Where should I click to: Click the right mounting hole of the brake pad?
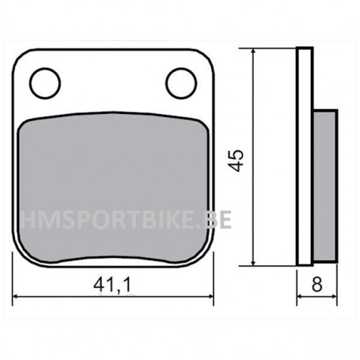pos(180,81)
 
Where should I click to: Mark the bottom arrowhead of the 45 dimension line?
pos(253,261)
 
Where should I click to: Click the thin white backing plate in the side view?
pos(303,158)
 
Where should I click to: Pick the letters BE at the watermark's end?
pos(218,219)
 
